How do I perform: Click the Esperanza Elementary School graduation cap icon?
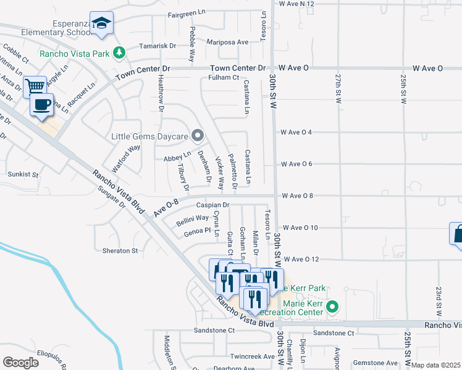tap(101, 23)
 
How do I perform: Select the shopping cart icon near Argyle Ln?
tap(35, 86)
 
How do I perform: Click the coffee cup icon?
tap(42, 104)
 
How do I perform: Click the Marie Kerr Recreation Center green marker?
tap(332, 306)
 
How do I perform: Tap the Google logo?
tap(20, 362)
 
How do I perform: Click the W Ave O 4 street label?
tap(300, 132)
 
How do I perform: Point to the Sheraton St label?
tap(120, 251)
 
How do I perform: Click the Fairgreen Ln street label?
tap(187, 12)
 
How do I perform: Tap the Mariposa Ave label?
tap(228, 43)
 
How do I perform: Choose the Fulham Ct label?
tap(223, 77)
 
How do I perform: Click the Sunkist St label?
tap(23, 175)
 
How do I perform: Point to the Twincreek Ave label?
tap(252, 356)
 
